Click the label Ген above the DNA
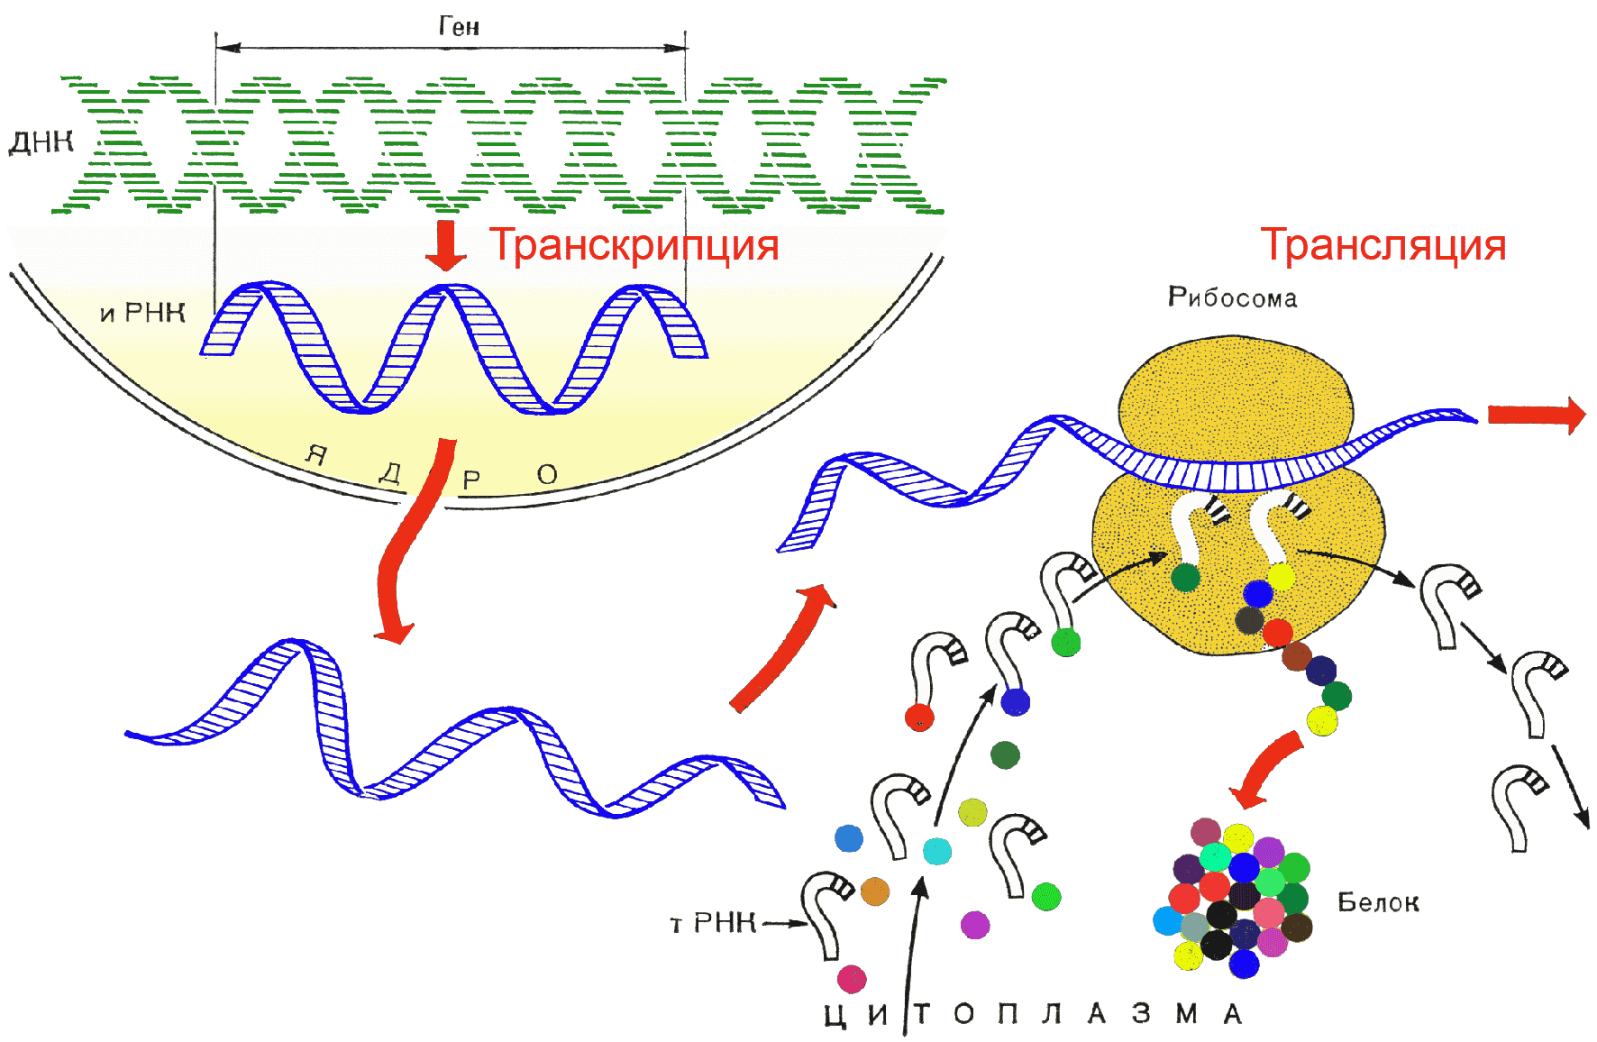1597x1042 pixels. click(459, 26)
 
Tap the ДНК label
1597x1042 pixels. click(41, 142)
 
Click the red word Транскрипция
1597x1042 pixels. click(634, 245)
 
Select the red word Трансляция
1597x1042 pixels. click(1383, 244)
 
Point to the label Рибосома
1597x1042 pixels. click(1232, 297)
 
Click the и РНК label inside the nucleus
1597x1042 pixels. click(142, 313)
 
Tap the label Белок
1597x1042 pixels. click(1377, 902)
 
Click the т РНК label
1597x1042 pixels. click(712, 923)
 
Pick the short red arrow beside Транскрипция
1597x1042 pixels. click(445, 245)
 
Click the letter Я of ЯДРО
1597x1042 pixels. click(315, 453)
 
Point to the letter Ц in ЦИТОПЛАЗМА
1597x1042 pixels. click(835, 1015)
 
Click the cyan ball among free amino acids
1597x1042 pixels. click(937, 851)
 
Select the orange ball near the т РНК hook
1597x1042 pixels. click(875, 891)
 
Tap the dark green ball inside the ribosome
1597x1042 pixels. click(1185, 577)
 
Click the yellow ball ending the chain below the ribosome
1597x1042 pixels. click(1321, 721)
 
